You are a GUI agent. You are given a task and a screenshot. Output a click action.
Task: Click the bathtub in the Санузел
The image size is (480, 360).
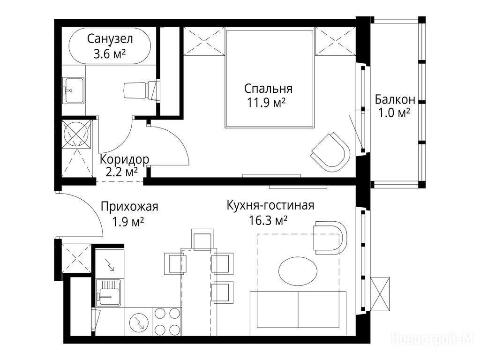point(110,46)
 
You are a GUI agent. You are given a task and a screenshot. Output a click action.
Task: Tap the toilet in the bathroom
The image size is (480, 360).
point(142,90)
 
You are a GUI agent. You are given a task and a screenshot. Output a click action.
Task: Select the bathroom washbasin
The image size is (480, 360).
point(73,90)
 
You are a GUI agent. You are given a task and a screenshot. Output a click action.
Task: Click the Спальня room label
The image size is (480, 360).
point(268,89)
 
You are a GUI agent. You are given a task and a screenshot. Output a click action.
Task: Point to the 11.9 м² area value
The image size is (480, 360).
point(266,103)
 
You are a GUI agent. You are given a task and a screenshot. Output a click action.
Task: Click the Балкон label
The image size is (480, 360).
point(395,99)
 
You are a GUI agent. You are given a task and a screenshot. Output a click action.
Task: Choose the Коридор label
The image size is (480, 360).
point(124,159)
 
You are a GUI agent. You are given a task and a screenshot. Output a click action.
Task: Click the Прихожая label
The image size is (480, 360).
point(129,207)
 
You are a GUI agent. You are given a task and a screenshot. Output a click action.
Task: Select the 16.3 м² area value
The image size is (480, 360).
point(268,220)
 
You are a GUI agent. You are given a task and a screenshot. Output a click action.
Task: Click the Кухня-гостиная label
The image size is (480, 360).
point(270,205)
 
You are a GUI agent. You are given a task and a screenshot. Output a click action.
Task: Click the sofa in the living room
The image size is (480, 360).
point(298,313)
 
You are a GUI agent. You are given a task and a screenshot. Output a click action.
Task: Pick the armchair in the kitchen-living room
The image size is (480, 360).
point(330,238)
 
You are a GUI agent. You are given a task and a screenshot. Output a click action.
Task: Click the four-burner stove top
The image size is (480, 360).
point(167,321)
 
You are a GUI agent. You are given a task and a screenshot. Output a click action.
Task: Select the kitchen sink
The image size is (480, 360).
point(109,293)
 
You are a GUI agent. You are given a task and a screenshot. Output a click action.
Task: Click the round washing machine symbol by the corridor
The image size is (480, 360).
point(76,134)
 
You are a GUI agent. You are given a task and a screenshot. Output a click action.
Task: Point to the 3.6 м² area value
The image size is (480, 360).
point(110,54)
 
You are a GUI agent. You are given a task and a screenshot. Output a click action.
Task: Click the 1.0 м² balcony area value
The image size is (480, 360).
point(394,113)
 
